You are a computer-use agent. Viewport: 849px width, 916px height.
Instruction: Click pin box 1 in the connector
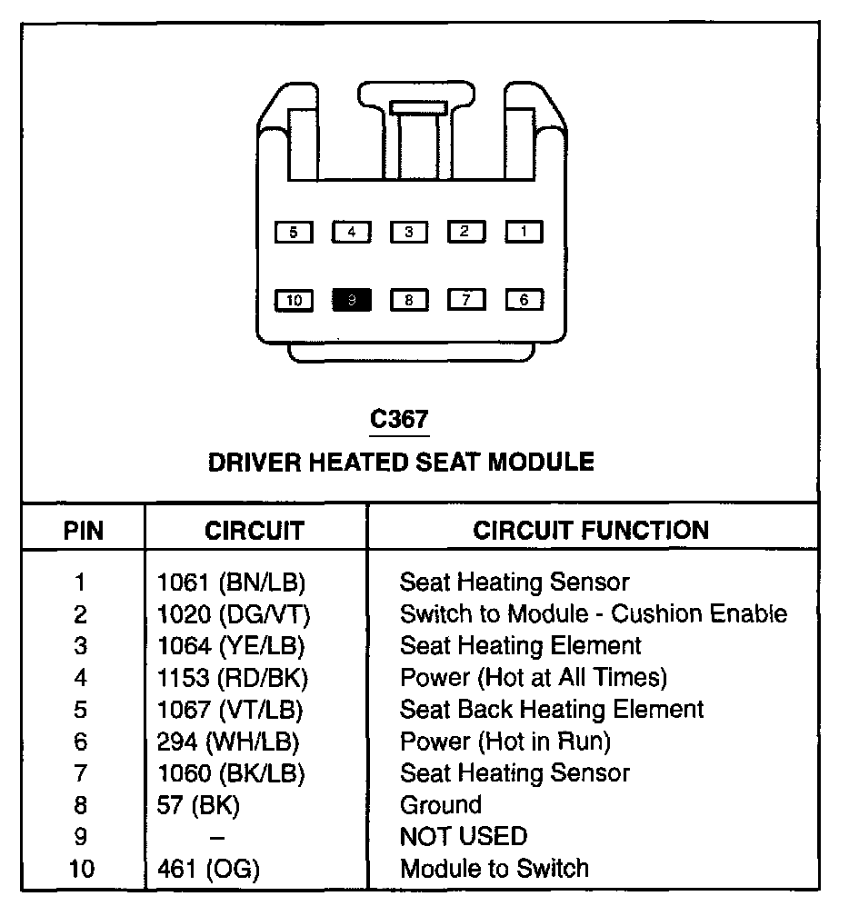click(x=524, y=232)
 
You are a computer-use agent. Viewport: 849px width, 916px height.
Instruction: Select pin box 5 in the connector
click(x=293, y=233)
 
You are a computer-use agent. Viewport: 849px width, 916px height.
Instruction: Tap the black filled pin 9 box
click(x=352, y=300)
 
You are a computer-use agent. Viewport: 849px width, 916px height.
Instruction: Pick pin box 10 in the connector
click(x=294, y=300)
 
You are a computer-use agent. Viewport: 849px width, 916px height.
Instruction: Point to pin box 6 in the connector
click(x=524, y=300)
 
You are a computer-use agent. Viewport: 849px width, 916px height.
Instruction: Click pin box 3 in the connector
click(x=409, y=233)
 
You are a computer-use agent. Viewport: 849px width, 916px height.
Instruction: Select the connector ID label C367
click(x=399, y=420)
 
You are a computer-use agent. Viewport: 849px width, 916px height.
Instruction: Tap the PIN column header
click(x=84, y=531)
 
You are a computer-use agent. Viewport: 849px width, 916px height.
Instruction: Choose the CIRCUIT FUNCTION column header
click(x=591, y=531)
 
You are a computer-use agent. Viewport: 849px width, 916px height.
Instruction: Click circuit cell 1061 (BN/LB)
click(x=231, y=582)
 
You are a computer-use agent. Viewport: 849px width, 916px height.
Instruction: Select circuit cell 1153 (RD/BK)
click(x=233, y=677)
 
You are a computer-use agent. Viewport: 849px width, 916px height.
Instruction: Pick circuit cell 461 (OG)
click(x=208, y=869)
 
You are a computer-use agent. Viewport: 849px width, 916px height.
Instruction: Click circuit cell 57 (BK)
click(x=199, y=805)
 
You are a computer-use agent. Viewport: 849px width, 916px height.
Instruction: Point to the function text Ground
click(x=441, y=805)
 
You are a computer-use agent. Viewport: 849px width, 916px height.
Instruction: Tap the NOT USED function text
click(x=464, y=837)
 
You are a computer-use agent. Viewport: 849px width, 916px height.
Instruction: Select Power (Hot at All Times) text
click(x=534, y=677)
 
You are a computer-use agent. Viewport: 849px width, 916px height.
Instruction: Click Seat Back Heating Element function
click(x=552, y=709)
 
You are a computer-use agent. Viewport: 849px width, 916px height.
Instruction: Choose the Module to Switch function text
click(x=494, y=869)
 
